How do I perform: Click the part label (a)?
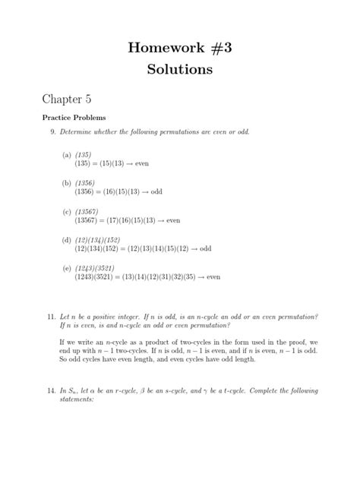(x=67, y=154)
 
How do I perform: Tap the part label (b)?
(x=67, y=183)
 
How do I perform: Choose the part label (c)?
(x=67, y=212)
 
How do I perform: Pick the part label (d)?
(x=67, y=240)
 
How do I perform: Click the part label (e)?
(x=67, y=268)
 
